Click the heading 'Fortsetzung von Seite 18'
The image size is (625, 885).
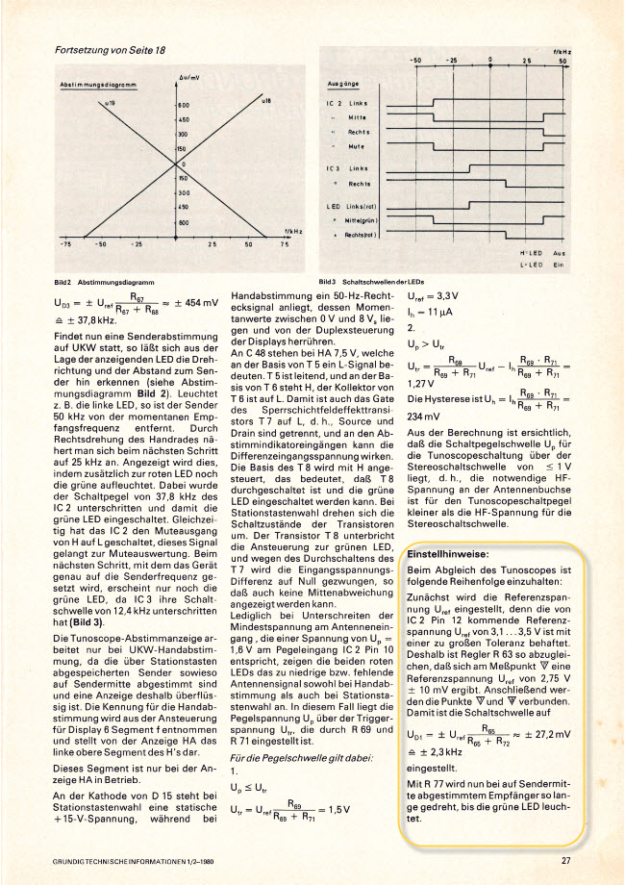click(110, 49)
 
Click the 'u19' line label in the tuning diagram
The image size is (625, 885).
click(82, 100)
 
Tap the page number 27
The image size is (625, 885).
click(566, 861)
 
